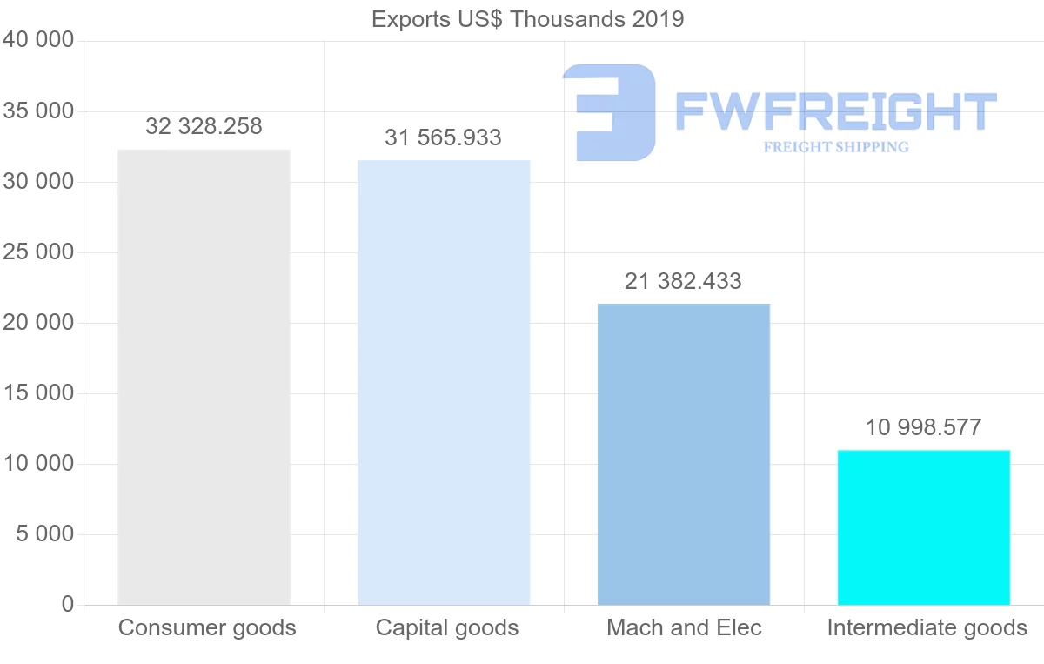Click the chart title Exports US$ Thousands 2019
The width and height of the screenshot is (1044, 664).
(x=527, y=19)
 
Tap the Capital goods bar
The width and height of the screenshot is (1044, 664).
(x=444, y=382)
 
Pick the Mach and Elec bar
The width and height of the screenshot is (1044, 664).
(x=684, y=453)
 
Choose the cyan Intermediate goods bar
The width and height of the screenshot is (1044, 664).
(x=923, y=527)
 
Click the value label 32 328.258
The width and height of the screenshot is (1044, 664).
(x=204, y=127)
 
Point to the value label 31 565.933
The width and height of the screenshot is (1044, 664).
(x=444, y=138)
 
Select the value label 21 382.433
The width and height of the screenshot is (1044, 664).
(x=683, y=282)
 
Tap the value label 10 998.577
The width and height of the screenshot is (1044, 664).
(x=923, y=428)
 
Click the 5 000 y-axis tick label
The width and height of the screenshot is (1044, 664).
(x=45, y=534)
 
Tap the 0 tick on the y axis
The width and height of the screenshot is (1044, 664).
(x=68, y=605)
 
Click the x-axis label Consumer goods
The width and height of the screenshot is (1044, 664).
(x=207, y=628)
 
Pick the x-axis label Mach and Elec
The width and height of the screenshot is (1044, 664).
(x=684, y=628)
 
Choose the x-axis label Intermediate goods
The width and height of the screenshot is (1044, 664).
(x=927, y=628)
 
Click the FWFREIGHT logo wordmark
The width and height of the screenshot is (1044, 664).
(x=835, y=111)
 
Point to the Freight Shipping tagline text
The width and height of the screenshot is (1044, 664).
(x=836, y=147)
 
